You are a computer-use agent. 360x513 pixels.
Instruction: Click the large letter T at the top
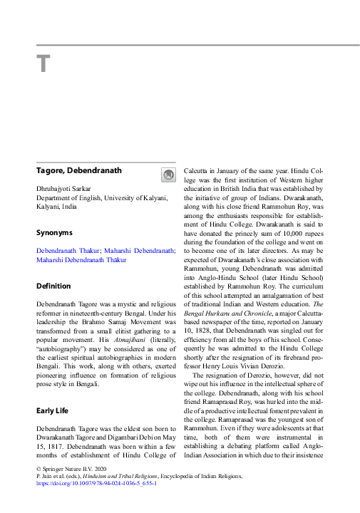(43, 63)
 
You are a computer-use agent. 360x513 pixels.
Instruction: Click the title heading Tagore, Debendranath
(79, 170)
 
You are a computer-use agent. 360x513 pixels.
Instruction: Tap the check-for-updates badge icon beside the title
(168, 175)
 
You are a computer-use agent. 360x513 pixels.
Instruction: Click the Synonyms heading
(54, 232)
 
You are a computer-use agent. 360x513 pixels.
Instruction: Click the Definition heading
(53, 286)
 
